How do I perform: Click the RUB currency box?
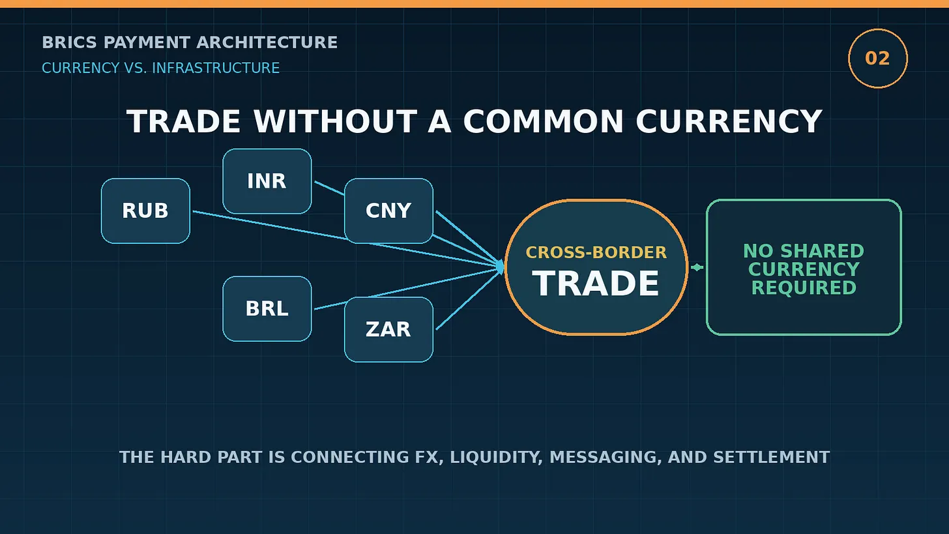[145, 211]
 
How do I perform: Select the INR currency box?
[267, 181]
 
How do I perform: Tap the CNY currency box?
[388, 211]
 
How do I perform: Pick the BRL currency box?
[267, 308]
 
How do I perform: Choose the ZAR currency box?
[388, 329]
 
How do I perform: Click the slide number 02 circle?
[878, 59]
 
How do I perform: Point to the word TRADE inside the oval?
[596, 284]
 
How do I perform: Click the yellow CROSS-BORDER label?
[596, 252]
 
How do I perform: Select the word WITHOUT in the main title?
[336, 122]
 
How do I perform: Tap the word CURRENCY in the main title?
[729, 122]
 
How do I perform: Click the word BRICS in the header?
[70, 42]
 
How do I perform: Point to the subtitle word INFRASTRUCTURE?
[216, 68]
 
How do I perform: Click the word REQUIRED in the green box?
[804, 288]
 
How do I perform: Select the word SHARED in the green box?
[822, 251]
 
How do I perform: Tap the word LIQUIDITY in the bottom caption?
[495, 457]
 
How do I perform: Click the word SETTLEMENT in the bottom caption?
[772, 457]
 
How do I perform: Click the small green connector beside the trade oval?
[697, 267]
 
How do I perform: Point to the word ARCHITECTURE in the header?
[267, 42]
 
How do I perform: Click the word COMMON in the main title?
[544, 122]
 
